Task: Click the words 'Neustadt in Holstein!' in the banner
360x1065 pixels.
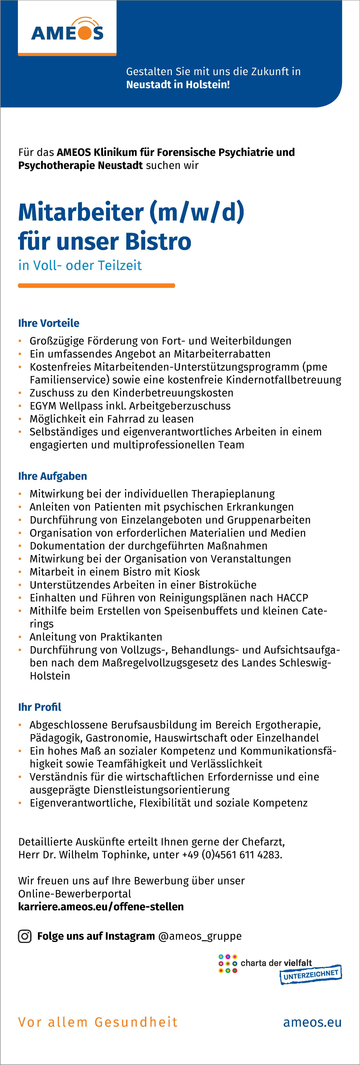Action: pyautogui.click(x=178, y=85)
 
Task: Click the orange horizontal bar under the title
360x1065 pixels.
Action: pyautogui.click(x=96, y=285)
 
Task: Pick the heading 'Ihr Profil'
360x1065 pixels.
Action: pyautogui.click(x=40, y=707)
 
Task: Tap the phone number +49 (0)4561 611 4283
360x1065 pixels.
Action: pyautogui.click(x=231, y=855)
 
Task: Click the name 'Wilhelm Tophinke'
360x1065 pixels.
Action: pyautogui.click(x=103, y=855)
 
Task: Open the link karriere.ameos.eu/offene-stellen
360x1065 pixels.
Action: pyautogui.click(x=101, y=907)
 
